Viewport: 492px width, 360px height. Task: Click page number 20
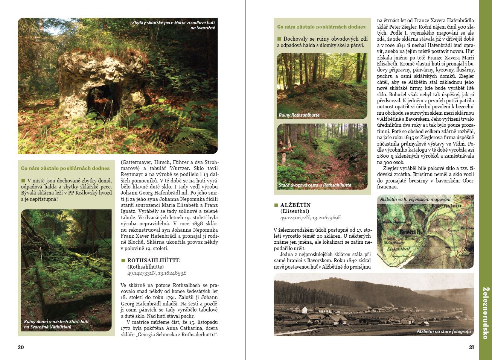click(x=21, y=347)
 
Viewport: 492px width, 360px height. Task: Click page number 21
click(x=471, y=347)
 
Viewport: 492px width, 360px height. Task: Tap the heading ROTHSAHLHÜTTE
click(x=154, y=260)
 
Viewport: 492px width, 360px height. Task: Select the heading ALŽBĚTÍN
click(x=296, y=205)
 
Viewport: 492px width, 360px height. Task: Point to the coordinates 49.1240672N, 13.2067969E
click(x=311, y=218)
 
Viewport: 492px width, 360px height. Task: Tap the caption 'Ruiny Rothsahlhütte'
click(x=299, y=115)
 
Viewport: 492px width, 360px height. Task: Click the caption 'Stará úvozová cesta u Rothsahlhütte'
click(x=315, y=185)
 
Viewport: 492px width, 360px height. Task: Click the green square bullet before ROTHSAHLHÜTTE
click(x=123, y=260)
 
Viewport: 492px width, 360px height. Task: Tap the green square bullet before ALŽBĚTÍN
click(x=276, y=205)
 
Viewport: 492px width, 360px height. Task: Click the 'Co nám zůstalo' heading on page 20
click(x=65, y=168)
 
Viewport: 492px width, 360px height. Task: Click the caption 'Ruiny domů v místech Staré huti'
click(x=56, y=324)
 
